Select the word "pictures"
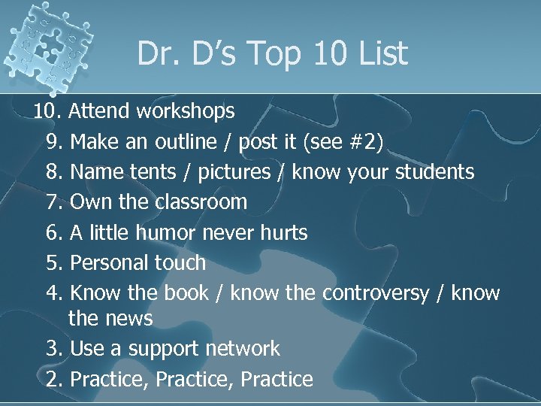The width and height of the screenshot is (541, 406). (x=234, y=171)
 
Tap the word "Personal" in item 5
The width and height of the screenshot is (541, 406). (x=107, y=262)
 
